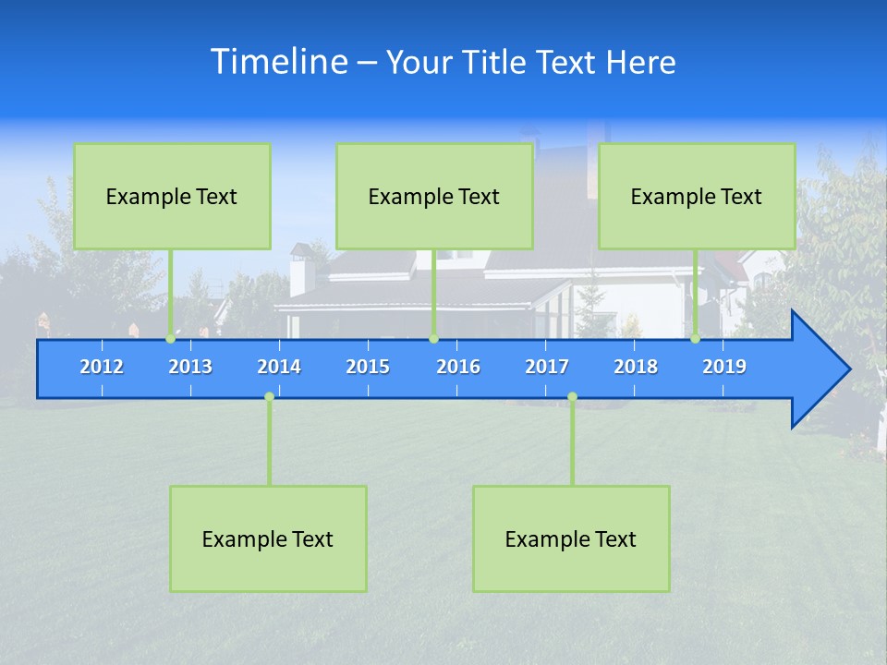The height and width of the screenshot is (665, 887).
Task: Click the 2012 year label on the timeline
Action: (102, 367)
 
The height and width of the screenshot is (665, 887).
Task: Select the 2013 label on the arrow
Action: (190, 367)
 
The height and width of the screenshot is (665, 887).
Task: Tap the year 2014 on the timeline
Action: (279, 367)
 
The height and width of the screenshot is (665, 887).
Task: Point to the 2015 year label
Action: (368, 367)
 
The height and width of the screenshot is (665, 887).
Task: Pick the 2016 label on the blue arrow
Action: (458, 367)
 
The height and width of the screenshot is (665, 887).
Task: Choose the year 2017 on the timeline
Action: (547, 367)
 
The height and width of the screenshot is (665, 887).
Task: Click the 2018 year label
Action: (636, 367)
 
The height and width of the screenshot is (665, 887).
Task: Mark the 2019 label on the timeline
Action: (724, 367)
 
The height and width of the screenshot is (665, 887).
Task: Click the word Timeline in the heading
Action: (279, 62)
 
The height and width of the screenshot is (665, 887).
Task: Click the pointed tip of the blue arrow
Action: (848, 369)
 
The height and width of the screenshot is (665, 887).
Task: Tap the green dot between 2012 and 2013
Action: (170, 339)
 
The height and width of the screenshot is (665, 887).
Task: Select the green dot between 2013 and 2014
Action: (269, 397)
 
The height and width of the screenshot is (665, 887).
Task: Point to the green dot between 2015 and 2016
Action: (433, 339)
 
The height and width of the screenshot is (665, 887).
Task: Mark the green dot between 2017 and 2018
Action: (572, 397)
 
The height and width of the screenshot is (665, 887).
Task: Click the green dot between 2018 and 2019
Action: (695, 339)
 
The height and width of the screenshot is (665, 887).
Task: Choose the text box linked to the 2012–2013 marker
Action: (172, 196)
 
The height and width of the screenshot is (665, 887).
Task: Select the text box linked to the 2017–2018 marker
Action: (571, 538)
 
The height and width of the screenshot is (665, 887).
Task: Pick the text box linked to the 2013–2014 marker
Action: (268, 538)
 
